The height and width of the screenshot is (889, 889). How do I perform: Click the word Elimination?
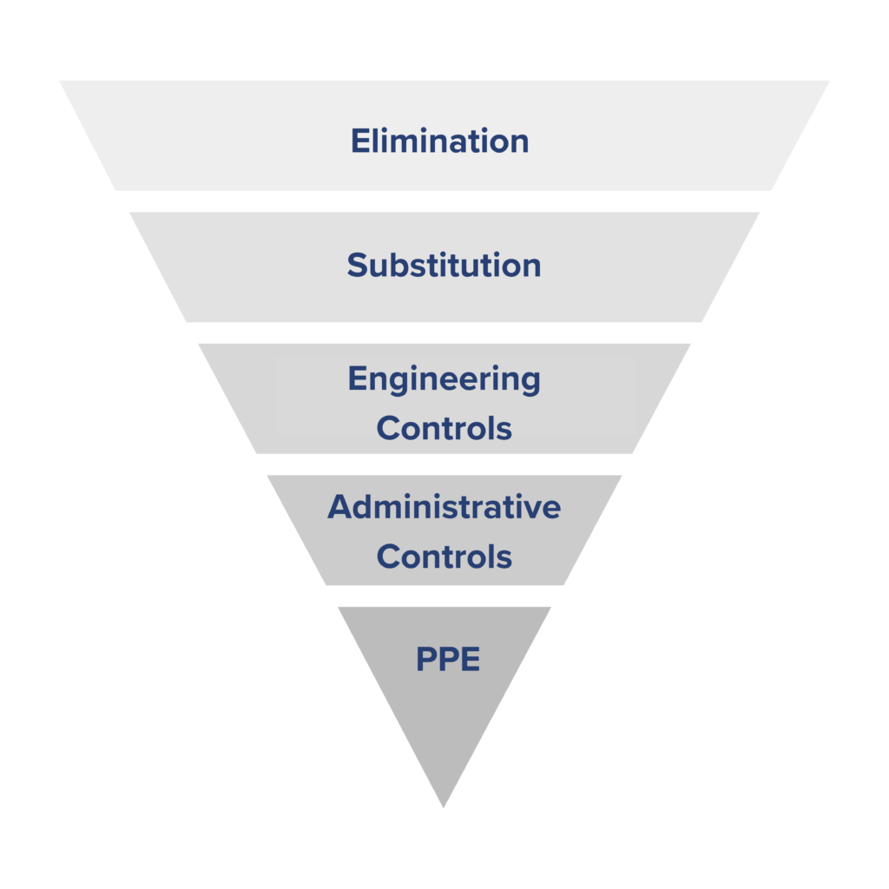click(x=440, y=141)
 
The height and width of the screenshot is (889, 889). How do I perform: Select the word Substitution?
click(x=444, y=265)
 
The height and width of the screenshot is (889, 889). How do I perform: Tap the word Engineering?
click(x=444, y=380)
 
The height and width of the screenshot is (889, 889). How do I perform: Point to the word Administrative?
click(x=444, y=506)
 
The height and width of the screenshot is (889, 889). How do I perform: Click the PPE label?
click(x=448, y=659)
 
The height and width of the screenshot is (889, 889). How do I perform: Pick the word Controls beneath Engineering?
click(x=444, y=428)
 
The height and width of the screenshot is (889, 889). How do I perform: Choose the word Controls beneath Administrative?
click(x=444, y=556)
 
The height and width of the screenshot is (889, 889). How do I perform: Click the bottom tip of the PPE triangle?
click(x=444, y=807)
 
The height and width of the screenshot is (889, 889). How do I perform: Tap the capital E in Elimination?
click(x=361, y=141)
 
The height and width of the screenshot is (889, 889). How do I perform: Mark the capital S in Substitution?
click(x=358, y=266)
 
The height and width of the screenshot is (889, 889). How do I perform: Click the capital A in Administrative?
click(x=340, y=507)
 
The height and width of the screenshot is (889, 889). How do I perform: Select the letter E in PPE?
click(x=470, y=659)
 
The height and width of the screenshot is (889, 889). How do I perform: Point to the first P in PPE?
click(x=426, y=659)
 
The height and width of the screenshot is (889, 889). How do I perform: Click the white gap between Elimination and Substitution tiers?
click(x=444, y=201)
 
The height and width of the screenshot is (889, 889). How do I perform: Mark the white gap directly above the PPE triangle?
click(x=444, y=596)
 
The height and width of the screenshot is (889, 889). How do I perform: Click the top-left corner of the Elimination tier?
click(x=60, y=81)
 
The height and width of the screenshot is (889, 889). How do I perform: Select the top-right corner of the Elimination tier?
click(x=829, y=81)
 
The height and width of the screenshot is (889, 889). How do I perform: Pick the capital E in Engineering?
click(x=358, y=379)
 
